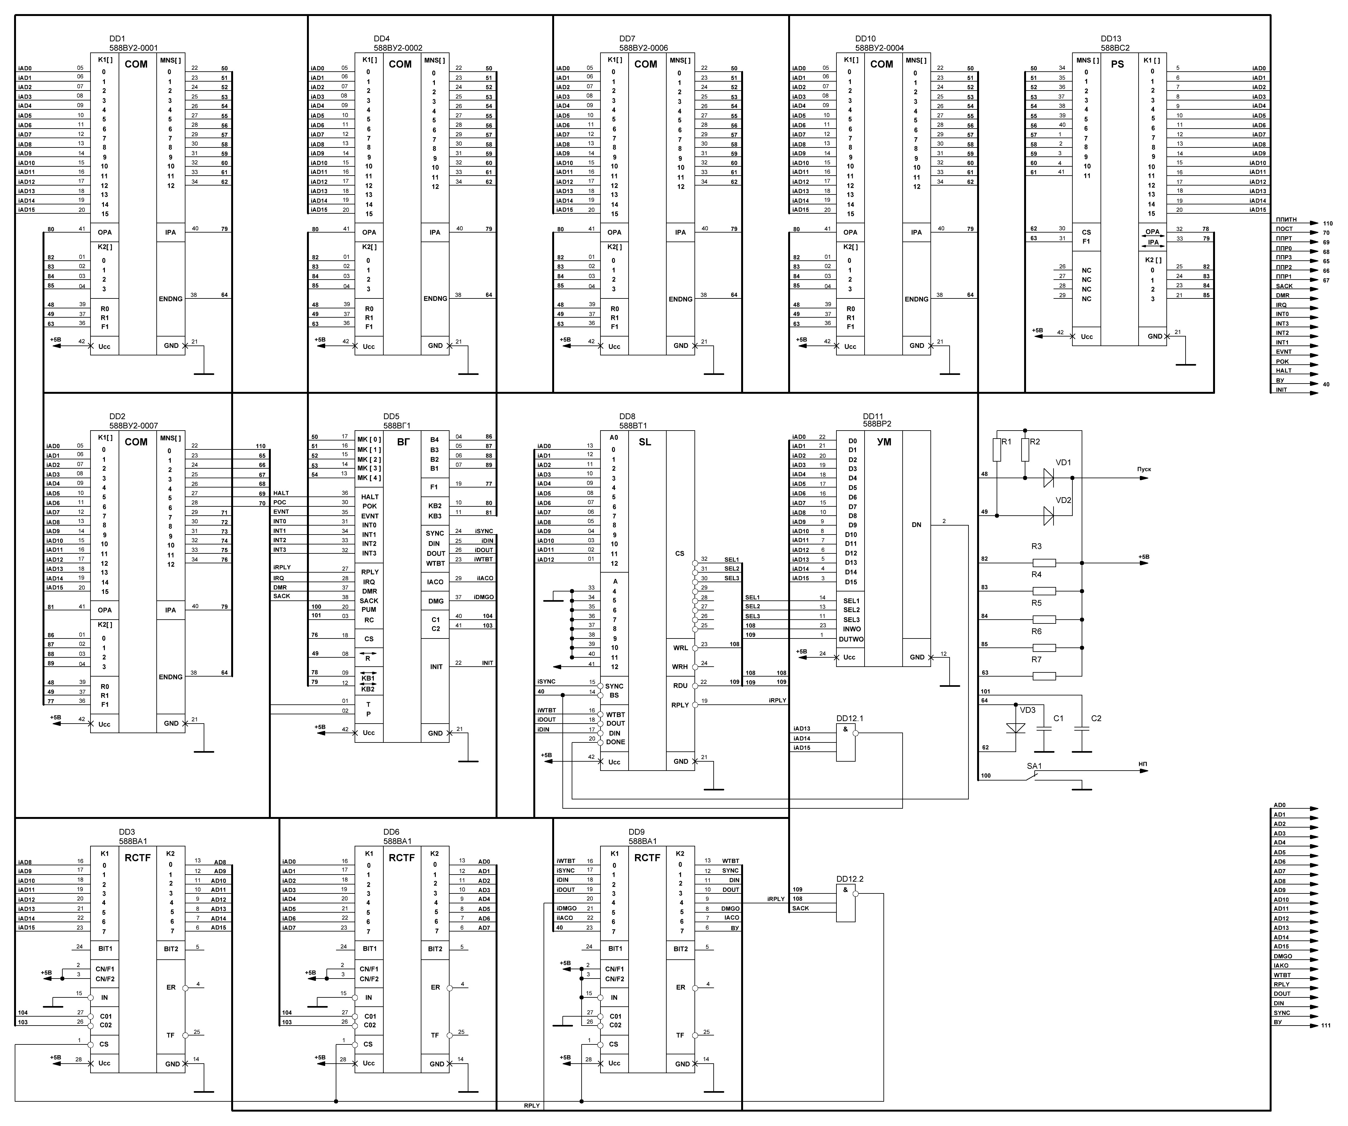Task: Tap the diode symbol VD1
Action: click(x=1048, y=478)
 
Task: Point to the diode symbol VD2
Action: click(x=1048, y=515)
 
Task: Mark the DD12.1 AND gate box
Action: click(x=845, y=742)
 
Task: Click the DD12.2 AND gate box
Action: click(x=845, y=902)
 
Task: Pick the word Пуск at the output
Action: click(x=1144, y=470)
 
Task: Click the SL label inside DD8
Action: click(x=645, y=442)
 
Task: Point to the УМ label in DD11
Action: click(x=884, y=442)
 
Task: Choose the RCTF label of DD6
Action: click(x=402, y=858)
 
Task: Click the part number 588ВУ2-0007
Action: click(x=134, y=425)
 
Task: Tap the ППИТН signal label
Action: click(x=1286, y=220)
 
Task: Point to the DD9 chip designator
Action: click(x=636, y=832)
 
